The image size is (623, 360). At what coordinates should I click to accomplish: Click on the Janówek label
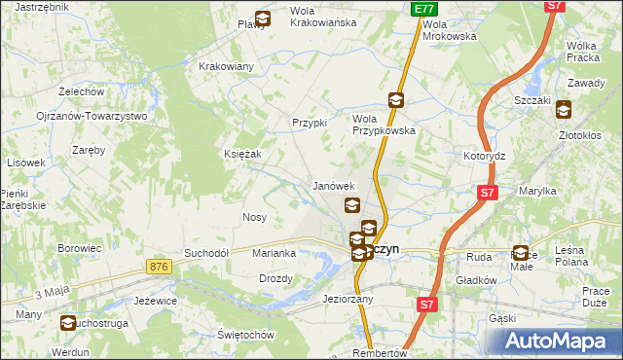[x=332, y=185]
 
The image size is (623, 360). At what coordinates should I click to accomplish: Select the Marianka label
[x=274, y=253]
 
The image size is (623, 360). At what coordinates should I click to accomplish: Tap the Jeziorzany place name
[x=348, y=300]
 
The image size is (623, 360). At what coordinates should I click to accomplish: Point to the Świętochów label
[x=244, y=334]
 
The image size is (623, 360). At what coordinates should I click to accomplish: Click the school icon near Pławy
[x=263, y=18]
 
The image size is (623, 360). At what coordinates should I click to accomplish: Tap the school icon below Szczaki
[x=564, y=110]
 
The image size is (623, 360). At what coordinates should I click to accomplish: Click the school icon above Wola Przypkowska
[x=396, y=99]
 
